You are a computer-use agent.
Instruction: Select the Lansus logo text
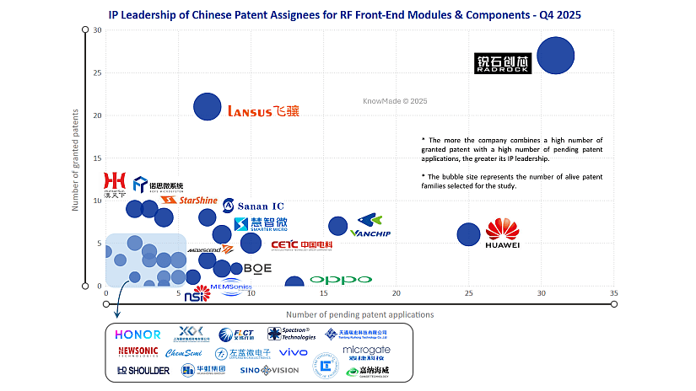pos(263,110)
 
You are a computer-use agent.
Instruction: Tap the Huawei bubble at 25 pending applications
pos(468,235)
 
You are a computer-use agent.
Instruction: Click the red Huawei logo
pos(503,233)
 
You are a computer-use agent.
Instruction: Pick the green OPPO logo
pos(340,280)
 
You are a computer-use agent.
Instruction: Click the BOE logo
pos(257,268)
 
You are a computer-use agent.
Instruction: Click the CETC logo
pos(301,245)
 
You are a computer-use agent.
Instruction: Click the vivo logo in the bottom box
pos(293,352)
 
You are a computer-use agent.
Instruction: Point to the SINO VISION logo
pos(269,370)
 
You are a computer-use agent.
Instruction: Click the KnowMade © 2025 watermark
pos(395,100)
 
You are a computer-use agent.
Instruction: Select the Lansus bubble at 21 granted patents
pos(208,106)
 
